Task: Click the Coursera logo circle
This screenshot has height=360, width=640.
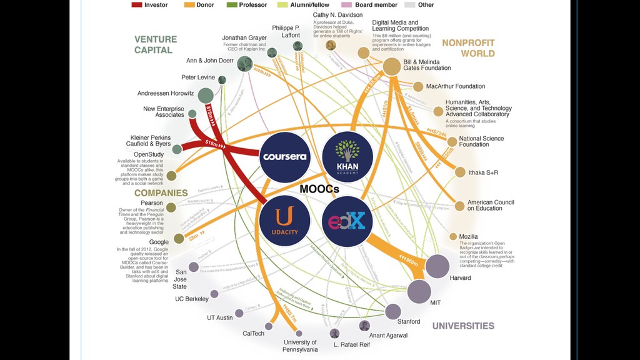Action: point(285,156)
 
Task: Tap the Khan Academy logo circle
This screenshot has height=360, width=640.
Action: point(347,156)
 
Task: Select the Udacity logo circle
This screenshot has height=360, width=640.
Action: point(285,219)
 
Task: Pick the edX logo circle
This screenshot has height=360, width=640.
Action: point(347,221)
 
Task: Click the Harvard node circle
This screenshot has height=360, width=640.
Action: point(437,267)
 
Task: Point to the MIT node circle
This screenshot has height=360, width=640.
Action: point(419,291)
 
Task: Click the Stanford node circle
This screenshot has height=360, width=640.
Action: point(393,311)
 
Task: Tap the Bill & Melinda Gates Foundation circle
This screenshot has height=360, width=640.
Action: point(391,67)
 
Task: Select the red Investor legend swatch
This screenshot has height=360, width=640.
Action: point(137,5)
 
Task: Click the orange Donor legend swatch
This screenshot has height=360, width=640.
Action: point(189,5)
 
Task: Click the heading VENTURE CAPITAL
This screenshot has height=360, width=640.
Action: point(156,44)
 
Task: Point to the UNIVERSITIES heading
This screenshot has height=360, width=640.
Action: point(463,326)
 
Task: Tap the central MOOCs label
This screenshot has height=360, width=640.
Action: point(319,189)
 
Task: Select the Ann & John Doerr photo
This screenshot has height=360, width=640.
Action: point(244,63)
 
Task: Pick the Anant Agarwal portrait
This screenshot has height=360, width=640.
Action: point(364,326)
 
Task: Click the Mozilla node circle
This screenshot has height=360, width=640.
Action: point(453,237)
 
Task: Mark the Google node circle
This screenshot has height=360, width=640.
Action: point(179,238)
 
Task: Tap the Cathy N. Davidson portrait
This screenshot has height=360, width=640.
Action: point(331,45)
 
